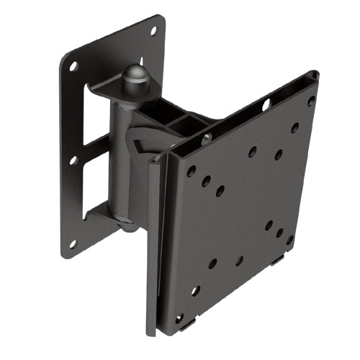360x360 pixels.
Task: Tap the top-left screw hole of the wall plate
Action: [73, 66]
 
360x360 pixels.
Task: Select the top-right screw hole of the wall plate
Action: [153, 31]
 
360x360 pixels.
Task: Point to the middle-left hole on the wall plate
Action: [73, 160]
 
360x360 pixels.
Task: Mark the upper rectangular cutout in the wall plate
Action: [91, 115]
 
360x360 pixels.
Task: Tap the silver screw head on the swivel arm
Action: [207, 139]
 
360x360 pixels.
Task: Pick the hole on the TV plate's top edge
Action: [266, 105]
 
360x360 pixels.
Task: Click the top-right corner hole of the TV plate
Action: [311, 101]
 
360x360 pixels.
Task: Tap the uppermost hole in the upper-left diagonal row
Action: [191, 171]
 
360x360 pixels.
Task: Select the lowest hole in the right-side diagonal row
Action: [289, 240]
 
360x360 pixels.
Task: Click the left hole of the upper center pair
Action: [252, 152]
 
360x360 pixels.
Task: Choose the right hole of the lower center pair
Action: [239, 260]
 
